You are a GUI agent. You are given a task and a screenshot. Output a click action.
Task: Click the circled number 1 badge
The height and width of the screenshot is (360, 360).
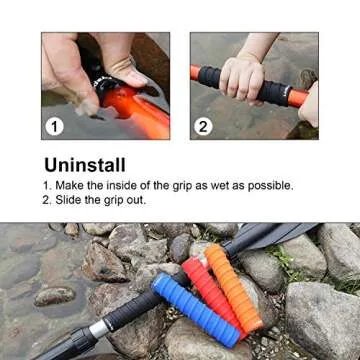click(56, 126)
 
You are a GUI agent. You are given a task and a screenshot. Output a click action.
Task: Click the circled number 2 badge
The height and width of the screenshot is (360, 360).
click(204, 126)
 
